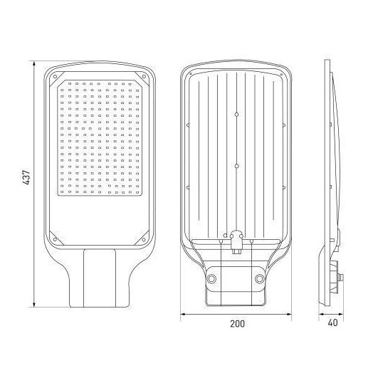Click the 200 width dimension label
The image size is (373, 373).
point(237,324)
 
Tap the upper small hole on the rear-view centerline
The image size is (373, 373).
point(236,114)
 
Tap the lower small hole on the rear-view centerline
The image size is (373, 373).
point(236,165)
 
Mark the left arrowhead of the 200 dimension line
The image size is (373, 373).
point(181,312)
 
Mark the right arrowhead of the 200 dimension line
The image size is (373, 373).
point(292,312)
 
